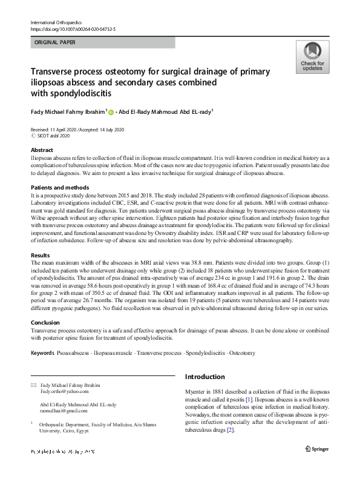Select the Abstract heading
pyautogui.click(x=42, y=150)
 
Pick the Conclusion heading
pyautogui.click(x=45, y=323)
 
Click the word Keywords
pyautogui.click(x=42, y=352)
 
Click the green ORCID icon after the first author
pyautogui.click(x=111, y=112)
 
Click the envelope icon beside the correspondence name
pyautogui.click(x=33, y=385)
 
